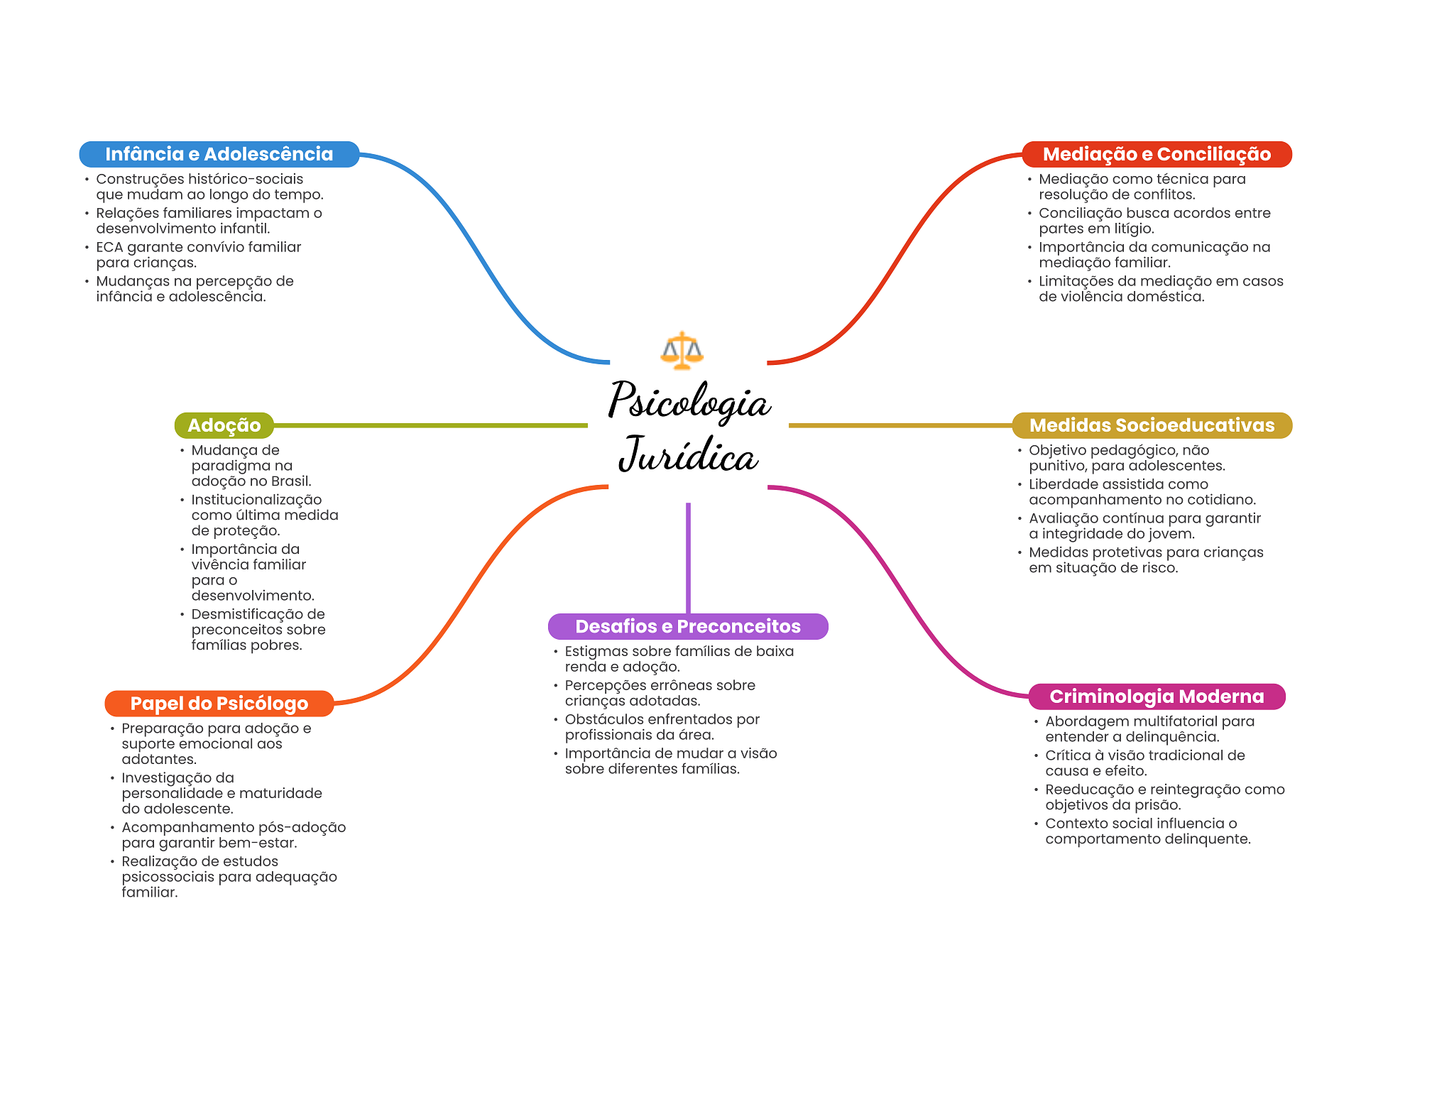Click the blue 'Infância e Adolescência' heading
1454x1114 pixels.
pos(219,154)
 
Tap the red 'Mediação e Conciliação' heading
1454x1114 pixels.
pos(1157,154)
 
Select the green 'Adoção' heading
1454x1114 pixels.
pos(224,425)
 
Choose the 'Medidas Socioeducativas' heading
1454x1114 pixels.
pos(1152,425)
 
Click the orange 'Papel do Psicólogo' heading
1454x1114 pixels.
pos(219,704)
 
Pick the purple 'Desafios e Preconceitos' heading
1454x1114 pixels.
pos(687,626)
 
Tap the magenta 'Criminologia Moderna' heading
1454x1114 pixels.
pos(1157,697)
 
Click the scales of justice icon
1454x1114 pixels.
pos(682,350)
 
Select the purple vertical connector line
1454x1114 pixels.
pos(688,557)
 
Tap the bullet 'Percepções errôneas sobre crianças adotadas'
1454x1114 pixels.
pos(660,693)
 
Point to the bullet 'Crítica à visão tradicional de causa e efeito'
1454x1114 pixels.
pos(1144,763)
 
